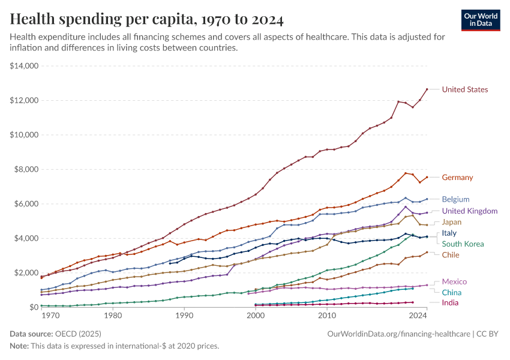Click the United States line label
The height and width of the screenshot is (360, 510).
[x=464, y=89]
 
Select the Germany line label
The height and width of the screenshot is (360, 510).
[x=457, y=178]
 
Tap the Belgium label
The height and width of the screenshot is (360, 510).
[x=455, y=199]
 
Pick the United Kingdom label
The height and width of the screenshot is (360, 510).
[x=470, y=211]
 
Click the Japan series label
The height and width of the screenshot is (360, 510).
[x=452, y=222]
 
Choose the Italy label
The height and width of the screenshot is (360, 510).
[x=449, y=233]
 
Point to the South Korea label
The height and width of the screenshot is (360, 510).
[x=463, y=244]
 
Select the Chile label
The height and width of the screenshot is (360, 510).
[x=451, y=255]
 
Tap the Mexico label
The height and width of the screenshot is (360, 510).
[x=454, y=281]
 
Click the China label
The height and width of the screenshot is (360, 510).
[x=452, y=292]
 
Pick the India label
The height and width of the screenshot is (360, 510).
[x=451, y=303]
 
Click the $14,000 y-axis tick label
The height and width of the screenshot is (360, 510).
[x=25, y=66]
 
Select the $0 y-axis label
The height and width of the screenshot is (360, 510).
[x=32, y=307]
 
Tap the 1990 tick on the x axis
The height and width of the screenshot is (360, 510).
[x=184, y=315]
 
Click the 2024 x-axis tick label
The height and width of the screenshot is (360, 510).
[x=418, y=315]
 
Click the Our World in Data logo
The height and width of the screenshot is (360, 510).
[x=481, y=19]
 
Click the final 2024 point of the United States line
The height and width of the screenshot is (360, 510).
[x=427, y=89]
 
